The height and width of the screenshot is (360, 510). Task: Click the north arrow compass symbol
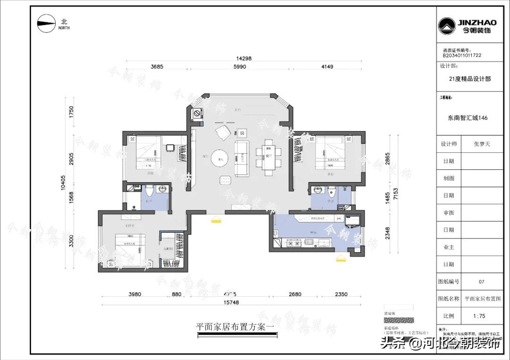(x=47, y=24)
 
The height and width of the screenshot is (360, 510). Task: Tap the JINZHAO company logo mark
(x=446, y=26)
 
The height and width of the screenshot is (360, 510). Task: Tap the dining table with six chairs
(x=268, y=153)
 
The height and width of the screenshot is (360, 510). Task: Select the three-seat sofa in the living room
(x=242, y=158)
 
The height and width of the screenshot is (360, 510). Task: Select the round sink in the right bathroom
(x=318, y=190)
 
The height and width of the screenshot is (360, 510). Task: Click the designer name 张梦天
(x=481, y=144)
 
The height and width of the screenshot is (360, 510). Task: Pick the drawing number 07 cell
(x=481, y=282)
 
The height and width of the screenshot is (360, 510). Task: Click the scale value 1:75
(x=481, y=316)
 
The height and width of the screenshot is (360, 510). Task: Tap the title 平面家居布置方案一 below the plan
(x=235, y=326)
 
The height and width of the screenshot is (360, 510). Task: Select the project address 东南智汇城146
(x=467, y=118)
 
